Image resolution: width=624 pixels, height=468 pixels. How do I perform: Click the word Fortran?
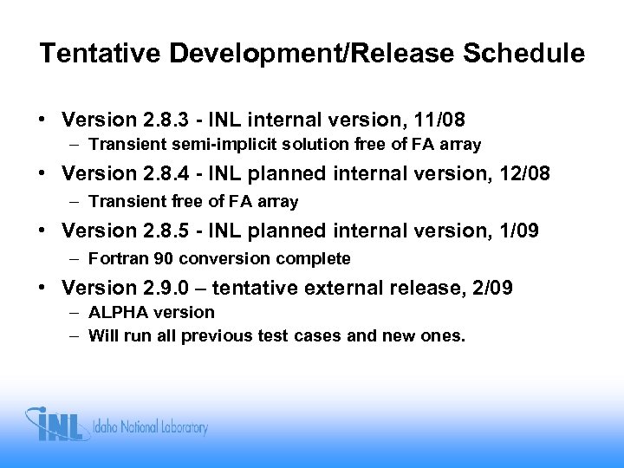click(x=115, y=257)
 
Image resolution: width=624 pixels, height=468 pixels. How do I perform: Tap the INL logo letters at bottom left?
click(x=59, y=426)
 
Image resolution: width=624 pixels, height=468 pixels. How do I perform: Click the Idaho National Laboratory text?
click(x=153, y=427)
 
